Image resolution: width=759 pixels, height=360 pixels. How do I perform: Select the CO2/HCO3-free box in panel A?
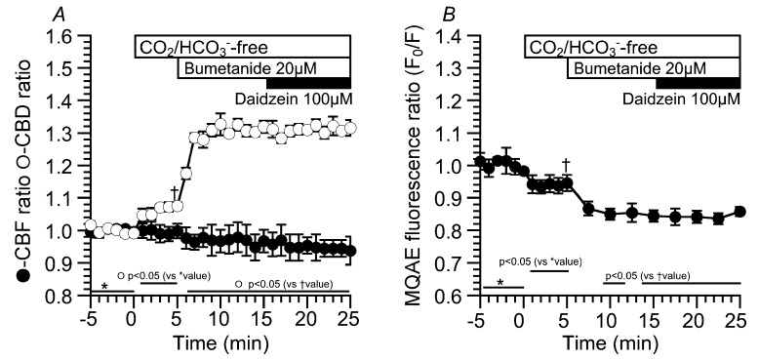(241, 48)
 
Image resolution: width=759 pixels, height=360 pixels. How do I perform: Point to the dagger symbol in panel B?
(565, 165)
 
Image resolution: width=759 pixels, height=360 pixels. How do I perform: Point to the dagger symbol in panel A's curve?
(174, 192)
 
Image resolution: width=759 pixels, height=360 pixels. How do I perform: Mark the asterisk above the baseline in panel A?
(104, 287)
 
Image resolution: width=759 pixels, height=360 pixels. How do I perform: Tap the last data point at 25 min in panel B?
(739, 212)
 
